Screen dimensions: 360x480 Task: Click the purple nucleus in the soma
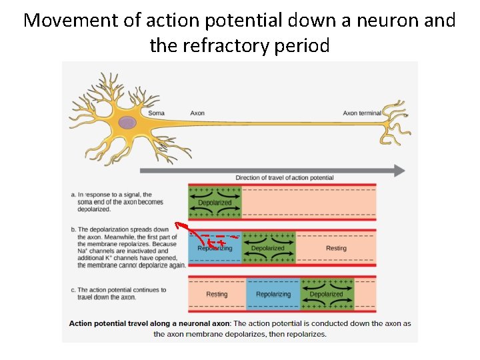click(127, 122)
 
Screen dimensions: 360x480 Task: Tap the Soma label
click(156, 113)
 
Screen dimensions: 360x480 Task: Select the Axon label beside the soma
click(197, 113)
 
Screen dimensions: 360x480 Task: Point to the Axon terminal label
click(361, 113)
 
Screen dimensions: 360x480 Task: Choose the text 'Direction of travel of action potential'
click(284, 178)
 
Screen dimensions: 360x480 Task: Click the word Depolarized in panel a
click(215, 203)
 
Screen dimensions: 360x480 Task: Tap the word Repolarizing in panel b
click(215, 248)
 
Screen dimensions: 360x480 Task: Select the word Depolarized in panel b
click(268, 248)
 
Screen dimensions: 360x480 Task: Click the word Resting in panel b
click(336, 248)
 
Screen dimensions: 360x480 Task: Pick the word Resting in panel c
click(217, 294)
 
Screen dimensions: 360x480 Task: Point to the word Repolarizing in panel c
click(273, 294)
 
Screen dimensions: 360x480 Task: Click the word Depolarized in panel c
click(327, 294)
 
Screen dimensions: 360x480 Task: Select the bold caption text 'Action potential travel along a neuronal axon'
click(149, 323)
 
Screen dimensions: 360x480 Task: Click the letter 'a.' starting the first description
click(73, 195)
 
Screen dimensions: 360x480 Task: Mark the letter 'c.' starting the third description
click(73, 290)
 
